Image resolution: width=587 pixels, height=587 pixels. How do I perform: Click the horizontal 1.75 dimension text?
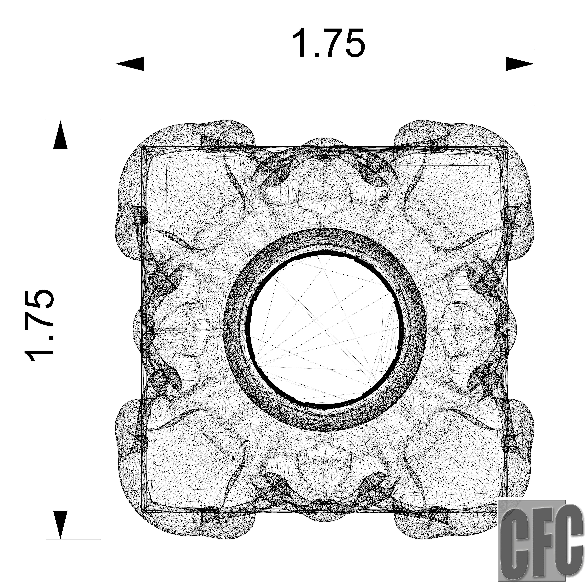[328, 43]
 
